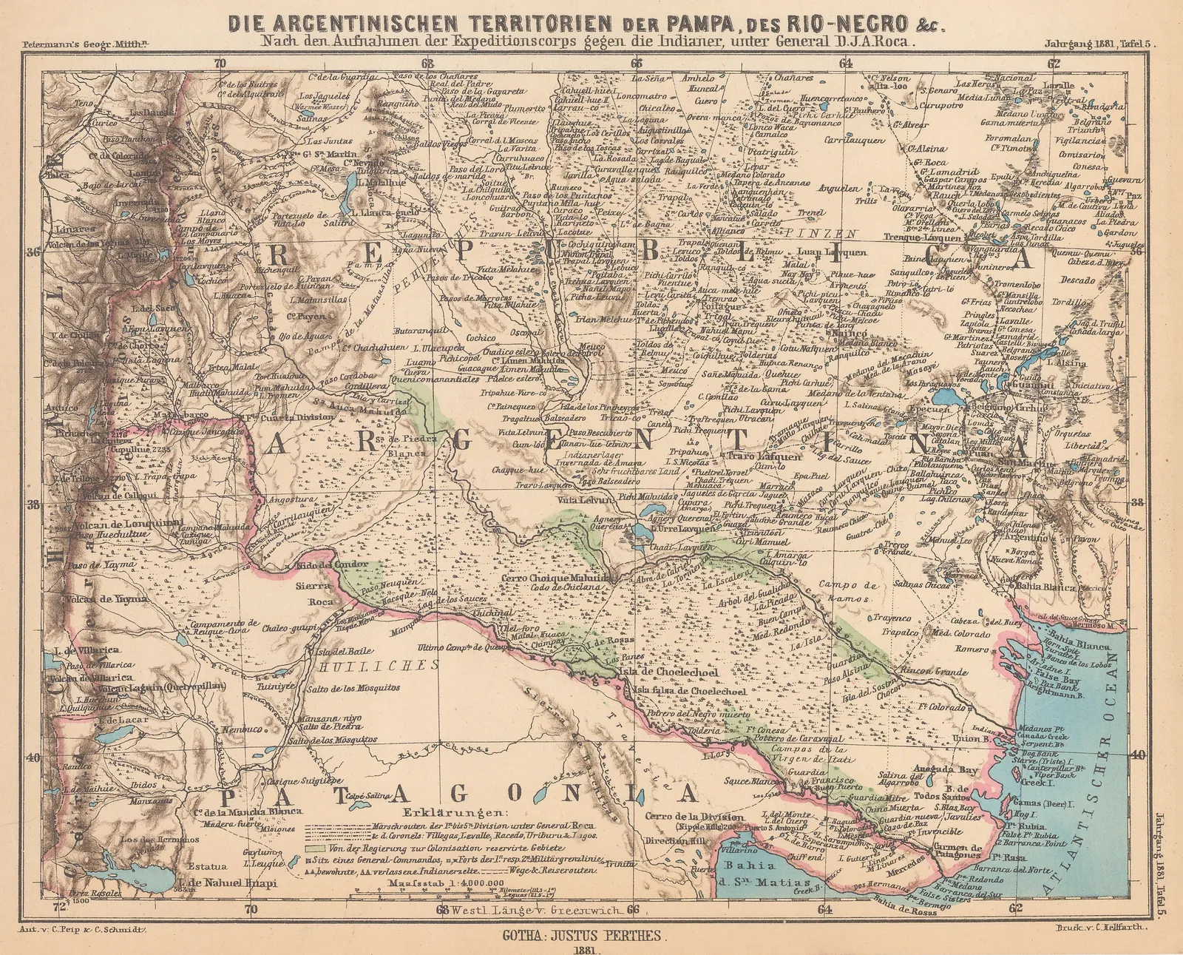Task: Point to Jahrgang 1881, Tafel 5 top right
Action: pos(1097,44)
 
